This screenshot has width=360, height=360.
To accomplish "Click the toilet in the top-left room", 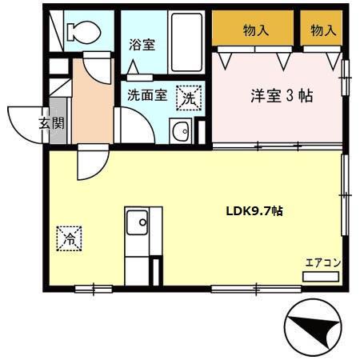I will click(x=80, y=31).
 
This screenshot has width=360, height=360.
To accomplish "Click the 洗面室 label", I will click(x=147, y=94).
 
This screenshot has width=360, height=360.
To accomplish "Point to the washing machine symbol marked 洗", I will click(x=190, y=97).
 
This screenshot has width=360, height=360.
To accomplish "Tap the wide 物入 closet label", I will click(x=255, y=30).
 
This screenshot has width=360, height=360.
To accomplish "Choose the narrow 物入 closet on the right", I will click(x=322, y=30).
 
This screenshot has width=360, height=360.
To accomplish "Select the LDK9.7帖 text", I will click(x=252, y=212).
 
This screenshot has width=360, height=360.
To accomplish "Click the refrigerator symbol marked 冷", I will click(x=70, y=238).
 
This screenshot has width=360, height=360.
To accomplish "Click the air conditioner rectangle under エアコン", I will click(x=322, y=276).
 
